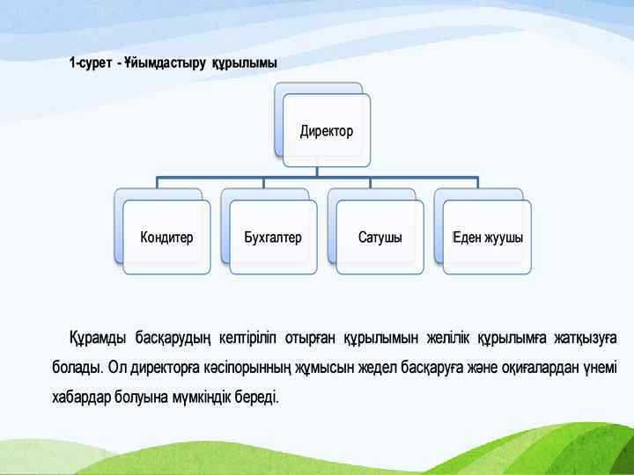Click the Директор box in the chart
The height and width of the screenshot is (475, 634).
[326, 131]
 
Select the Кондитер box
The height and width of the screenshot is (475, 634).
[167, 237]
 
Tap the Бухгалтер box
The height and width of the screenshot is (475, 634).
[273, 237]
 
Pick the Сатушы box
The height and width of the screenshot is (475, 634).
[380, 237]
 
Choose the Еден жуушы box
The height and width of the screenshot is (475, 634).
[488, 237]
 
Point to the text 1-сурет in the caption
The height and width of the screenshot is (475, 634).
[91, 63]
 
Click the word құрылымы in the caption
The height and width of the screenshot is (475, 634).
[245, 63]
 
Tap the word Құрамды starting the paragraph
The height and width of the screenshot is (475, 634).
[97, 338]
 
